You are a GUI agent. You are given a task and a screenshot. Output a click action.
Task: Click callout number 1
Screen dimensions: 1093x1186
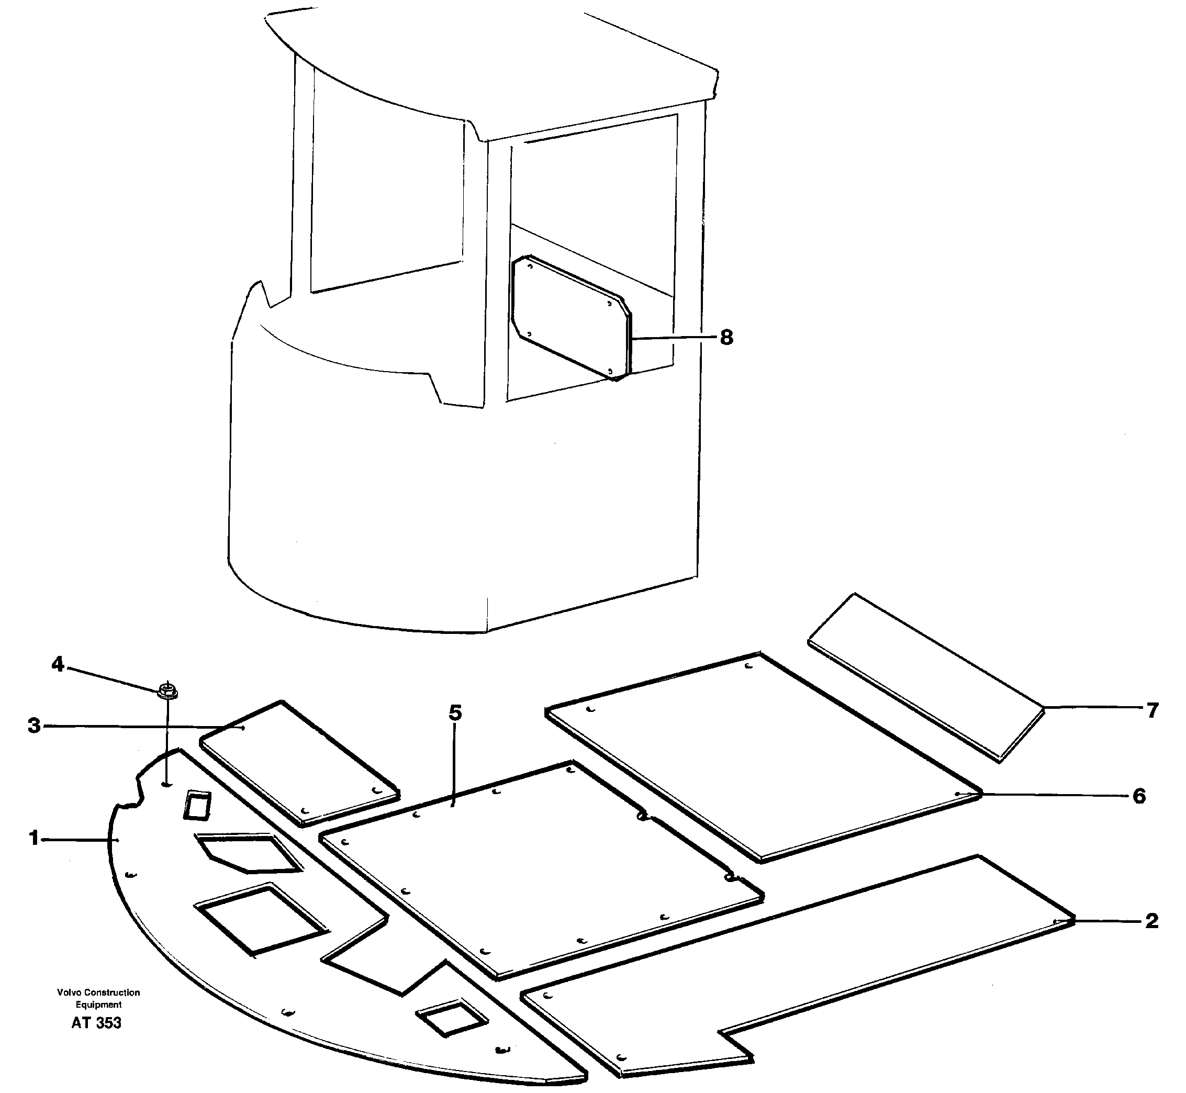[33, 838]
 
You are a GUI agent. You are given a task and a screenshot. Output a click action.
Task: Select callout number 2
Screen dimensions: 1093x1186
[1151, 921]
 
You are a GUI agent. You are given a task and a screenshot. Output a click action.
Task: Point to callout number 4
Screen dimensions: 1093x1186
[58, 665]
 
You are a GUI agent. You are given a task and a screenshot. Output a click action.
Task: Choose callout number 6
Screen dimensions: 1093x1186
[1139, 796]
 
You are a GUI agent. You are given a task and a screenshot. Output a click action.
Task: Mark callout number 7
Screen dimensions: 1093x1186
[1151, 710]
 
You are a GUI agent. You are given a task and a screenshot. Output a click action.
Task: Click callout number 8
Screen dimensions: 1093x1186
[726, 338]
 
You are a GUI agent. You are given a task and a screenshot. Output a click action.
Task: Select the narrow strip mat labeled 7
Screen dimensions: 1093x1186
[925, 677]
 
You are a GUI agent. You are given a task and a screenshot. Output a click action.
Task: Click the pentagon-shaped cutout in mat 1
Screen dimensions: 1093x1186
[248, 852]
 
